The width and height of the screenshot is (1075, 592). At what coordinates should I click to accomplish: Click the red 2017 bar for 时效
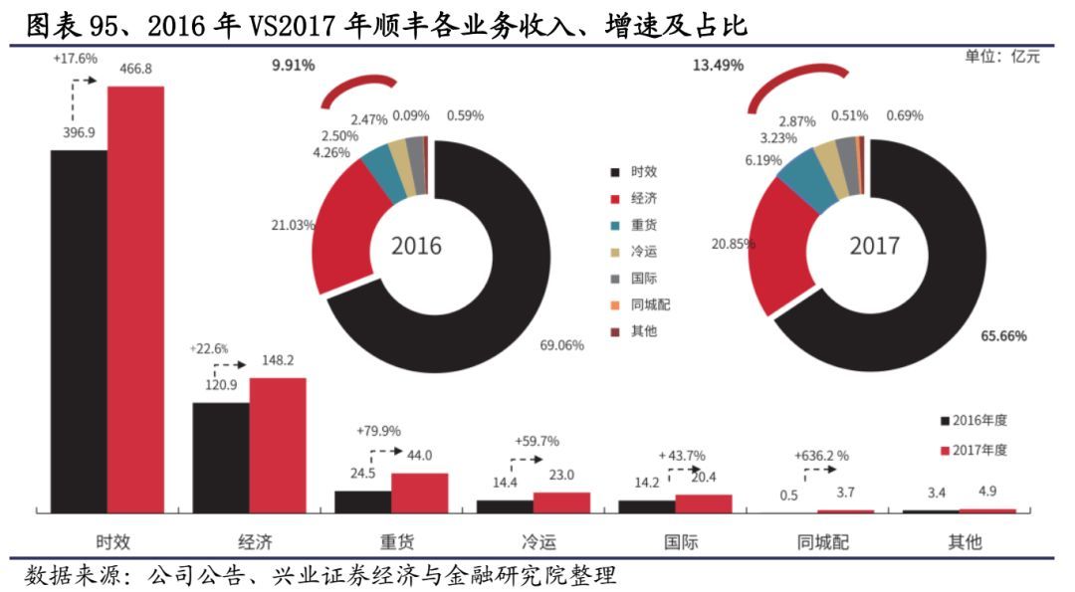coord(135,298)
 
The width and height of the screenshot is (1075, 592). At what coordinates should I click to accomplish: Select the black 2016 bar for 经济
coord(220,457)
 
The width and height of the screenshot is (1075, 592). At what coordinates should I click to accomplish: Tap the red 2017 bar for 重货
coord(419,493)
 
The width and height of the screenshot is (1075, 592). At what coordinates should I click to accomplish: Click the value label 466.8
coord(135,68)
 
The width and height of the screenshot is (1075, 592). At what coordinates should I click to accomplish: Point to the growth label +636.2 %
coord(821,455)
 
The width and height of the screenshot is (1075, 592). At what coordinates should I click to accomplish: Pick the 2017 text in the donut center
coord(874,245)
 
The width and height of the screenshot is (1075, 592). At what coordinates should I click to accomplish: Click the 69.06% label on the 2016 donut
coord(560,345)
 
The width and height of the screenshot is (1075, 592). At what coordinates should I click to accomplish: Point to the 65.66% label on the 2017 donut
coord(1003,335)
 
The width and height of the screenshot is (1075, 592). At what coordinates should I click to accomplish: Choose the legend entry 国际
coord(643,279)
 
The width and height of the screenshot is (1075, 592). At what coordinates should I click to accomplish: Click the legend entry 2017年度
coord(980,450)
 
